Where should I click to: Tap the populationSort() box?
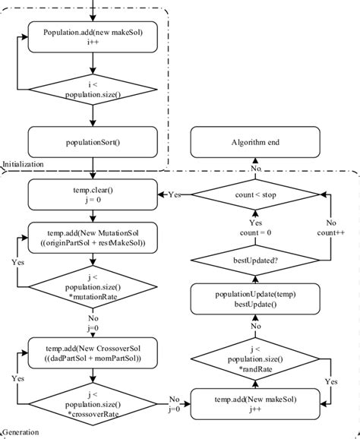click(93, 141)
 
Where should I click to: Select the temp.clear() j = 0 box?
click(93, 194)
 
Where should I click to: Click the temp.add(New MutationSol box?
click(93, 237)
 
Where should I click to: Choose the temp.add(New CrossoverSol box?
click(93, 352)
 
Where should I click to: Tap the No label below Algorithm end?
click(257, 169)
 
